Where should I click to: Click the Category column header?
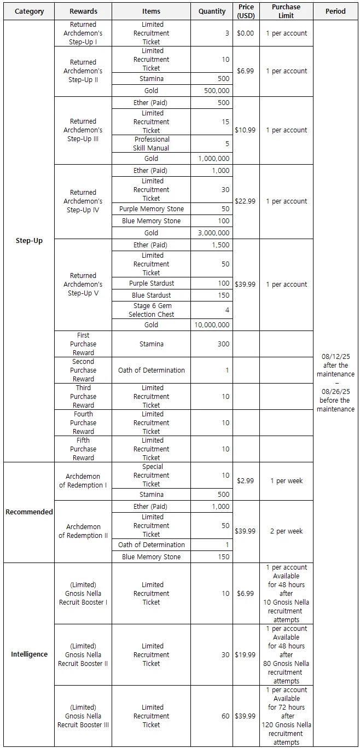pyautogui.click(x=29, y=11)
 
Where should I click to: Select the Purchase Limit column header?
pyautogui.click(x=286, y=11)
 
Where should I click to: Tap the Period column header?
pyautogui.click(x=335, y=11)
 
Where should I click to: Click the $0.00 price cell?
pyautogui.click(x=246, y=33)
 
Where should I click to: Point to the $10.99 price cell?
pyautogui.click(x=246, y=130)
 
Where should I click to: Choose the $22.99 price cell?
pyautogui.click(x=246, y=201)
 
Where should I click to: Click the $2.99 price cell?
pyautogui.click(x=246, y=481)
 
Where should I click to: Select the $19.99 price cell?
pyautogui.click(x=246, y=655)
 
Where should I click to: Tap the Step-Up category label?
pyautogui.click(x=29, y=241)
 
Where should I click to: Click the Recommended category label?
pyautogui.click(x=29, y=512)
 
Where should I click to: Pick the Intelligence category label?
pyautogui.click(x=29, y=654)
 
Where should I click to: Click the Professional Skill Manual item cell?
pyautogui.click(x=152, y=144)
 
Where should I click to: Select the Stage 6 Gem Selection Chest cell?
pyautogui.click(x=152, y=310)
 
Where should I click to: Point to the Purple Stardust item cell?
pyautogui.click(x=152, y=283)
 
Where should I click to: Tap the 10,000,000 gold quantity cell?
pyautogui.click(x=212, y=325)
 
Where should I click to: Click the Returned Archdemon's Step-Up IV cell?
pyautogui.click(x=83, y=201)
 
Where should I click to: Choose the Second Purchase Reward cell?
pyautogui.click(x=83, y=370)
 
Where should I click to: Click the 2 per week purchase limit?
pyautogui.click(x=286, y=531)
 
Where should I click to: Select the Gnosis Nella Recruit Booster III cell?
pyautogui.click(x=83, y=716)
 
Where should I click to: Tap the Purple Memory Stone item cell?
pyautogui.click(x=152, y=209)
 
